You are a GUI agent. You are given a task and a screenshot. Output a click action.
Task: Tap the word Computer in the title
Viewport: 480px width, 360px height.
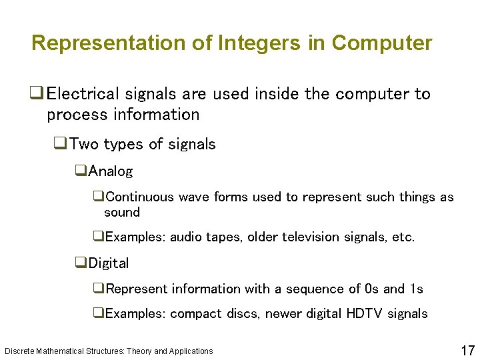381,43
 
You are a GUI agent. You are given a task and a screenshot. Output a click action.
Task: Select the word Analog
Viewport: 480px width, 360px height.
111,171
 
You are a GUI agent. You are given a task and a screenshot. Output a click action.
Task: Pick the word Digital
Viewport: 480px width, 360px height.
109,263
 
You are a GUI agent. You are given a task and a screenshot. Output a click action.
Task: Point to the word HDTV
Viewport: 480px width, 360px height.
365,313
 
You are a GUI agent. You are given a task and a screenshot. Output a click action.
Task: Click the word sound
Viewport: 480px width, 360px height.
122,213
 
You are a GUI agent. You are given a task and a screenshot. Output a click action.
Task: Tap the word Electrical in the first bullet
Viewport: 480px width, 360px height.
85,94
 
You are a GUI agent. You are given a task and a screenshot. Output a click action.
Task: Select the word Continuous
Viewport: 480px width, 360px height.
139,197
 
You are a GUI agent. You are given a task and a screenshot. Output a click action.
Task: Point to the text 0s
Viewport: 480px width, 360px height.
372,289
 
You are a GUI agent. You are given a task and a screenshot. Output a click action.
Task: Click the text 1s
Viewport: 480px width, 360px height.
416,289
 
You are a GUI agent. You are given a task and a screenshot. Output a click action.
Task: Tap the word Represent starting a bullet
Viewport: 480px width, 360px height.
137,289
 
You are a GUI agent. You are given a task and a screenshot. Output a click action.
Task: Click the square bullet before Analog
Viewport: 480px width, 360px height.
81,171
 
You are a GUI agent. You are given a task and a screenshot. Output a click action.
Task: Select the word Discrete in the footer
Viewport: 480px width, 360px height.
20,351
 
